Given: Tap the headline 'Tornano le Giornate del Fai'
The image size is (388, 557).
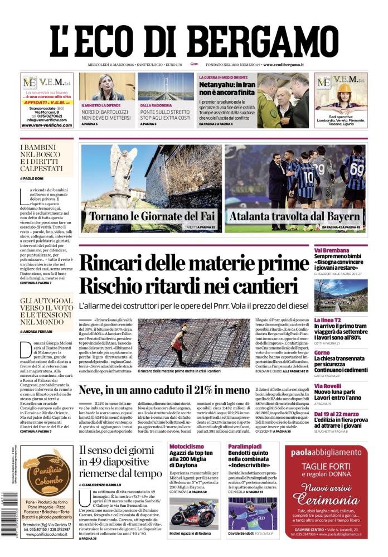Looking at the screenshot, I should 153,216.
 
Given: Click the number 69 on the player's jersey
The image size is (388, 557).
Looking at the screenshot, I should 357,168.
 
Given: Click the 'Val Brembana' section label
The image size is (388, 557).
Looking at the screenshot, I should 332,250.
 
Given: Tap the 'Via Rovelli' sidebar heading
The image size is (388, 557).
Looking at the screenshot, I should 328,385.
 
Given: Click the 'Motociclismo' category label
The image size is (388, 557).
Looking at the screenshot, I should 188,447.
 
